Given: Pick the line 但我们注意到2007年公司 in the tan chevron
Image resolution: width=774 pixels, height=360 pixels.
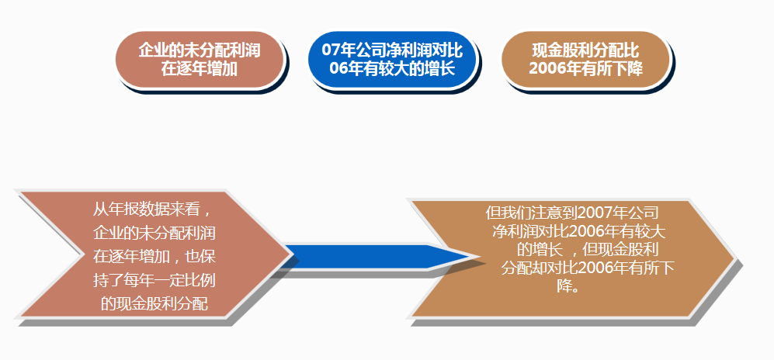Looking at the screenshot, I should coord(572,213).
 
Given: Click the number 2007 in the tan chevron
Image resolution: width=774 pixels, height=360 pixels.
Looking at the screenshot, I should coord(595,213).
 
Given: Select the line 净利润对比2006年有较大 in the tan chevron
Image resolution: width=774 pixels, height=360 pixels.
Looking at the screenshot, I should coord(578,231).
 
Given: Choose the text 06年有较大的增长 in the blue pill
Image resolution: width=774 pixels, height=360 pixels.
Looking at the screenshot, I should coord(392,68).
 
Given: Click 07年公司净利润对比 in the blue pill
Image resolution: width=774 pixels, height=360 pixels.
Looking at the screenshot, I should coord(392,50).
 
